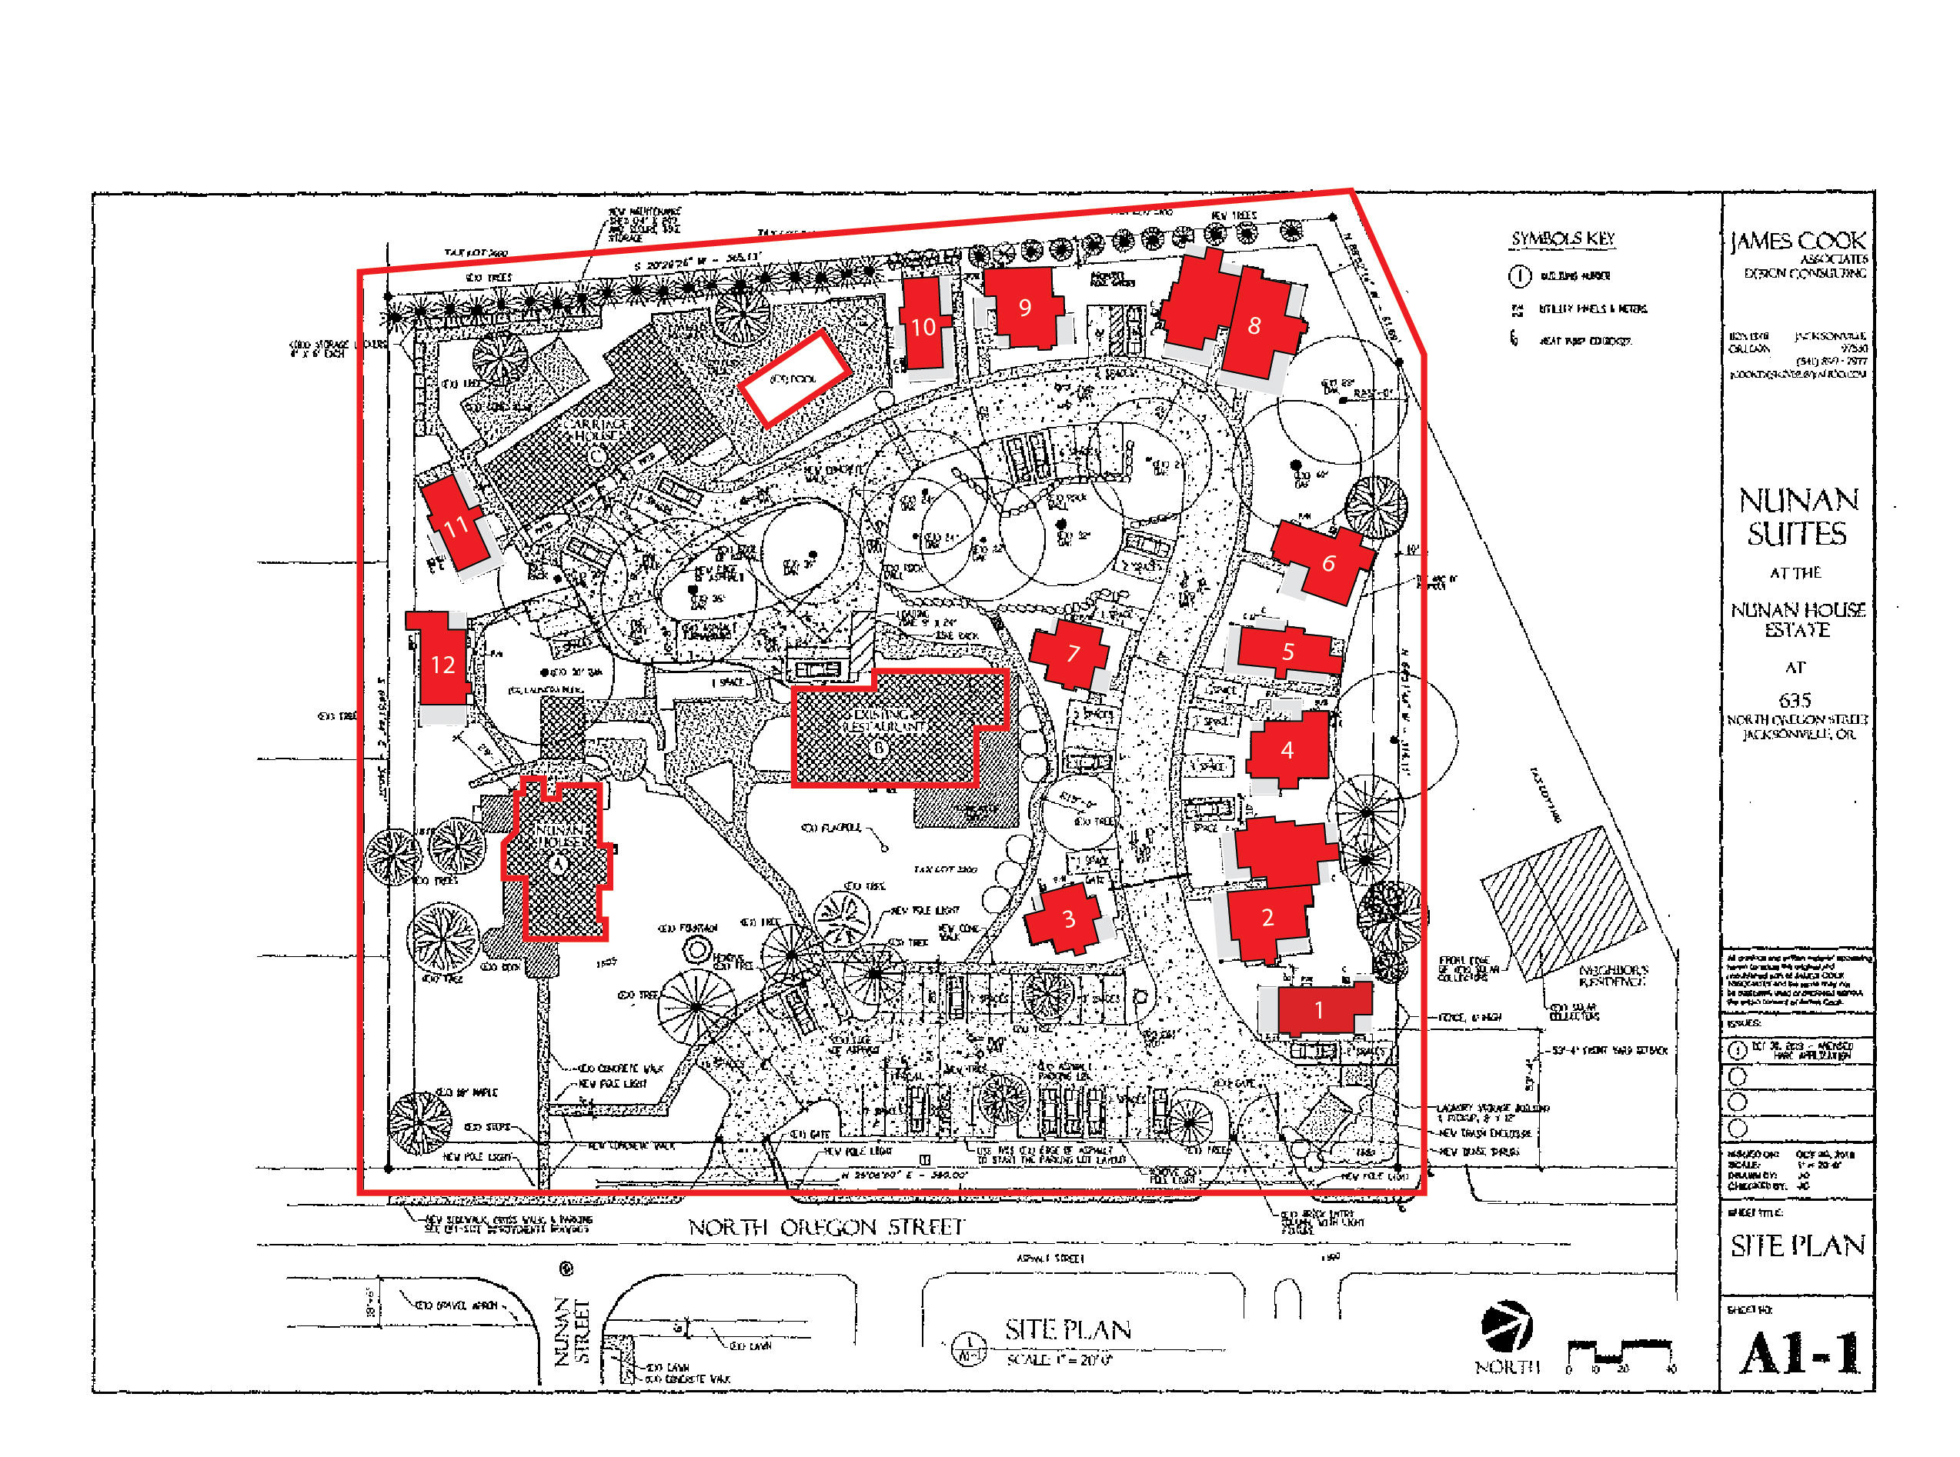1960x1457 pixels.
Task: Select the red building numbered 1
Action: click(x=1321, y=1008)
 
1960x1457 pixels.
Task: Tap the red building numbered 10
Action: click(x=923, y=325)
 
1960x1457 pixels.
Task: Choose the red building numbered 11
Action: click(x=456, y=524)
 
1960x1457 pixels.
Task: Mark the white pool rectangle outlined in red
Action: click(x=794, y=378)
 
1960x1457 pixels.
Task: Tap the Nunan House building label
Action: click(x=559, y=836)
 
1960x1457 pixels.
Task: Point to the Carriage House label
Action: click(x=597, y=429)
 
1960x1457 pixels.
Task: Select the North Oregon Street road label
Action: click(x=826, y=1227)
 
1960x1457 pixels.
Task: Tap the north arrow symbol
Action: click(x=1507, y=1325)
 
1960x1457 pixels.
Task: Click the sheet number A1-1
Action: click(x=1798, y=1352)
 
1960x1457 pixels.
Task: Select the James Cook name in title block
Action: click(x=1797, y=241)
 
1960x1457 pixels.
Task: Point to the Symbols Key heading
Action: click(x=1562, y=238)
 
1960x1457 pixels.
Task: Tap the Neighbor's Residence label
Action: click(x=1612, y=975)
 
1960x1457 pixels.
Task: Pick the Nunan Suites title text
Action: click(x=1798, y=517)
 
